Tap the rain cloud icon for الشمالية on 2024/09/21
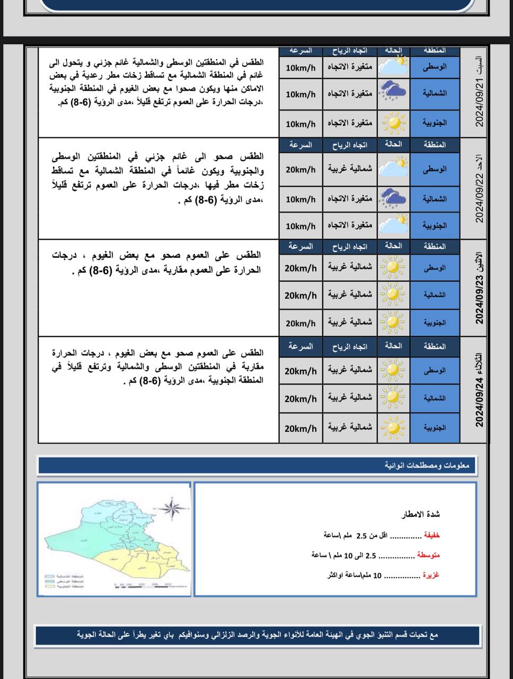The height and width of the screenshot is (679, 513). pyautogui.click(x=394, y=92)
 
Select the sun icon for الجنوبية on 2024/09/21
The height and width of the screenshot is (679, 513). pyautogui.click(x=394, y=123)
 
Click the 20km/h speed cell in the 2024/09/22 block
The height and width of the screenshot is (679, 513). pyautogui.click(x=300, y=170)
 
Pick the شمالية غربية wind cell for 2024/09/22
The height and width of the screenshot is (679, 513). pyautogui.click(x=350, y=169)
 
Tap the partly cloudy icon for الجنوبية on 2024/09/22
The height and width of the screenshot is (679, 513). pyautogui.click(x=394, y=225)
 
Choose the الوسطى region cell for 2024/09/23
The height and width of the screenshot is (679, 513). pyautogui.click(x=435, y=268)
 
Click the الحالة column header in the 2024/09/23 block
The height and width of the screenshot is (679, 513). pyautogui.click(x=393, y=246)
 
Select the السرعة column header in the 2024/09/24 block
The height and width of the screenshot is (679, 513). pyautogui.click(x=300, y=346)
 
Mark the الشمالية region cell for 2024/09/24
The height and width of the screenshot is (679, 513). pyautogui.click(x=435, y=398)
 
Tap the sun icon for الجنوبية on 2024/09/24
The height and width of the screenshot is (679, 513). pyautogui.click(x=394, y=427)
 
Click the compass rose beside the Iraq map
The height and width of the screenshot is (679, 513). pyautogui.click(x=171, y=509)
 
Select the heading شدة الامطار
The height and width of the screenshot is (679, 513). pyautogui.click(x=421, y=515)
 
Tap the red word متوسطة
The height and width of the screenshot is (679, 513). pyautogui.click(x=428, y=555)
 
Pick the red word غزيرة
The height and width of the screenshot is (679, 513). pyautogui.click(x=431, y=575)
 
